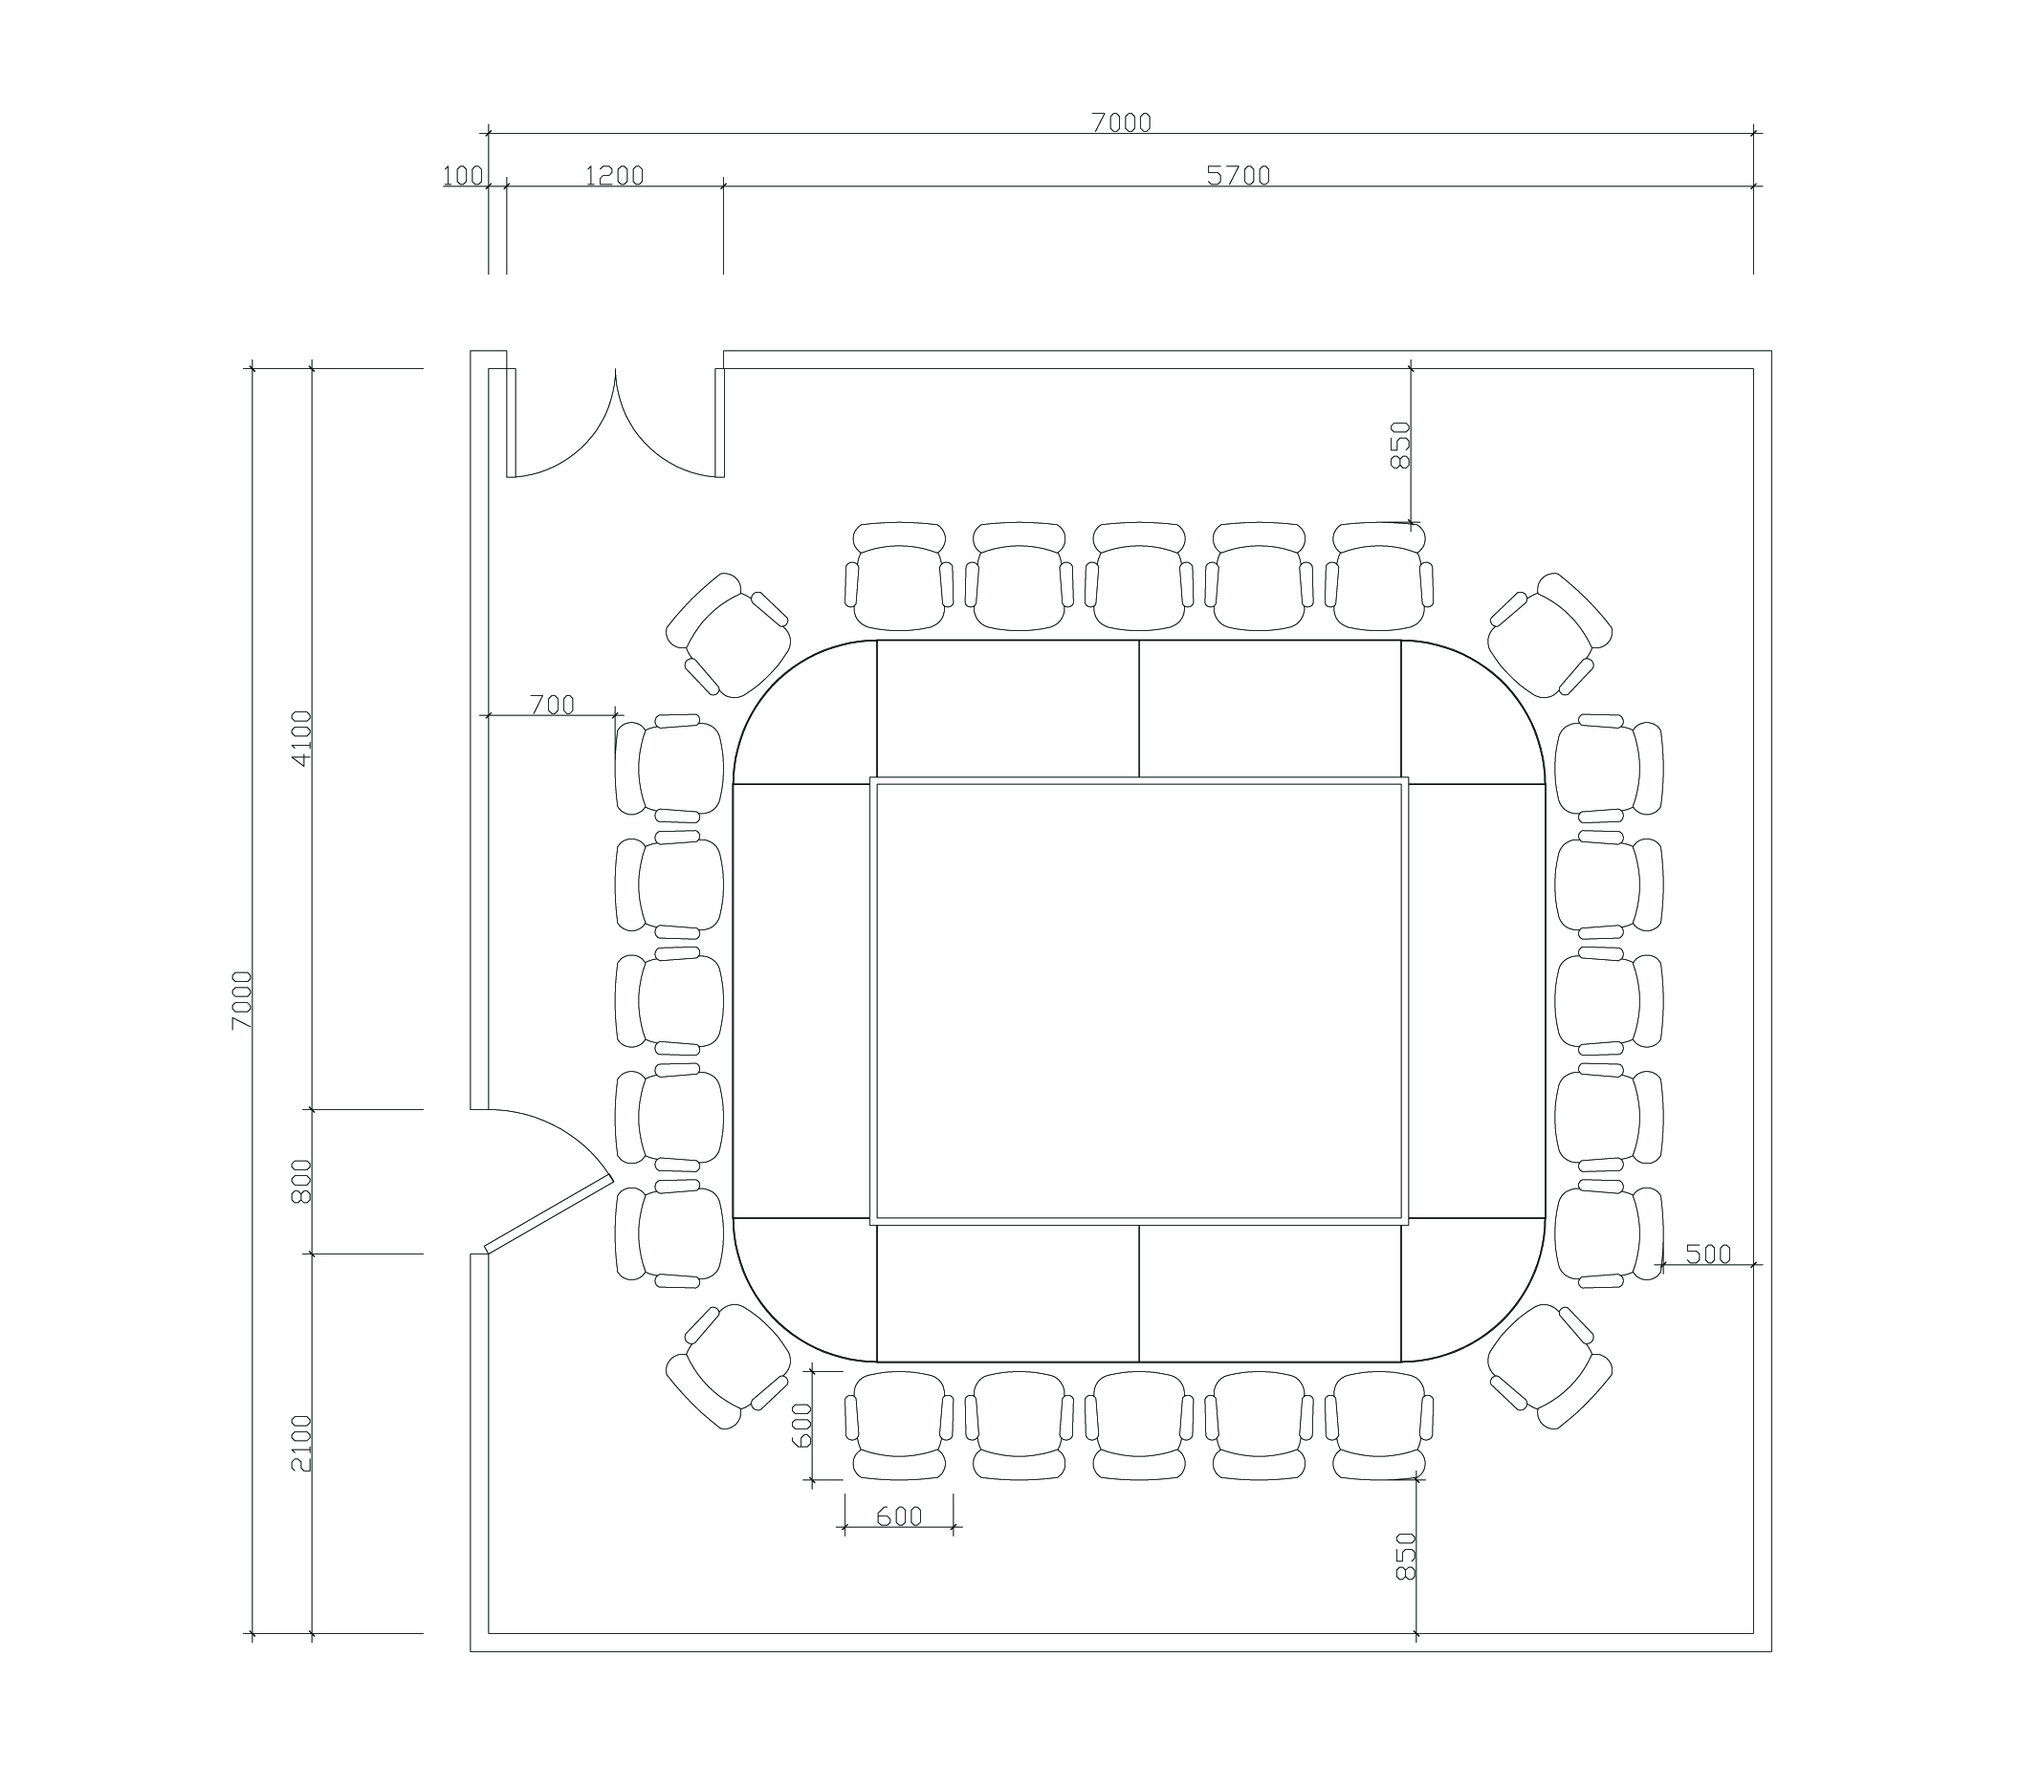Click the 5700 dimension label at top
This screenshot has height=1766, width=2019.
tap(1239, 175)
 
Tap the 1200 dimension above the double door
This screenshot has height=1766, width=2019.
tap(614, 175)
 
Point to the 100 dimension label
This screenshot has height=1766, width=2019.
tap(462, 175)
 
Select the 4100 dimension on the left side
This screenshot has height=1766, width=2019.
tap(301, 737)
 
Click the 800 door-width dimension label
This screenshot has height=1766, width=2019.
tap(301, 1180)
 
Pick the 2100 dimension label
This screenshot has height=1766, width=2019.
tap(301, 1443)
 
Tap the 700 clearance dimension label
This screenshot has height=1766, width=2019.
tap(552, 705)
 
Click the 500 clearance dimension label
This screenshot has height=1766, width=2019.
tap(1708, 1254)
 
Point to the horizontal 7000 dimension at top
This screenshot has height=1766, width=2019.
tap(1121, 122)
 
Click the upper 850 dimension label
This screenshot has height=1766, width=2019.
tap(1401, 445)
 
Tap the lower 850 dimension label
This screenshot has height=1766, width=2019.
tap(1407, 1556)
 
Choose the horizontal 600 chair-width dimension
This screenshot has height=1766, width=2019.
tap(899, 1515)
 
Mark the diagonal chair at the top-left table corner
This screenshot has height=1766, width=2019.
tap(729, 635)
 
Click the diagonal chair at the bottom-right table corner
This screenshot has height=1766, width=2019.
tap(1549, 1365)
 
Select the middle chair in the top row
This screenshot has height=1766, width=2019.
tap(1139, 576)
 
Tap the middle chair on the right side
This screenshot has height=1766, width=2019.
tap(1610, 1000)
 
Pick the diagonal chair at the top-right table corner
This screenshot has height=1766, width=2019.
tap(1549, 635)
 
